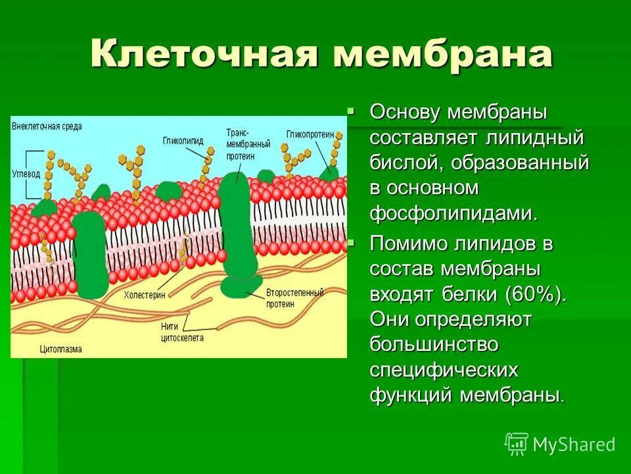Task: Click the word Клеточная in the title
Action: tap(204, 54)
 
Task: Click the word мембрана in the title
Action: tap(442, 54)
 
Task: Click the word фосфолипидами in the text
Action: tap(454, 213)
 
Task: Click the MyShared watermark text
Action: tap(573, 445)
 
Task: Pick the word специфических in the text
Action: tap(444, 370)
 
